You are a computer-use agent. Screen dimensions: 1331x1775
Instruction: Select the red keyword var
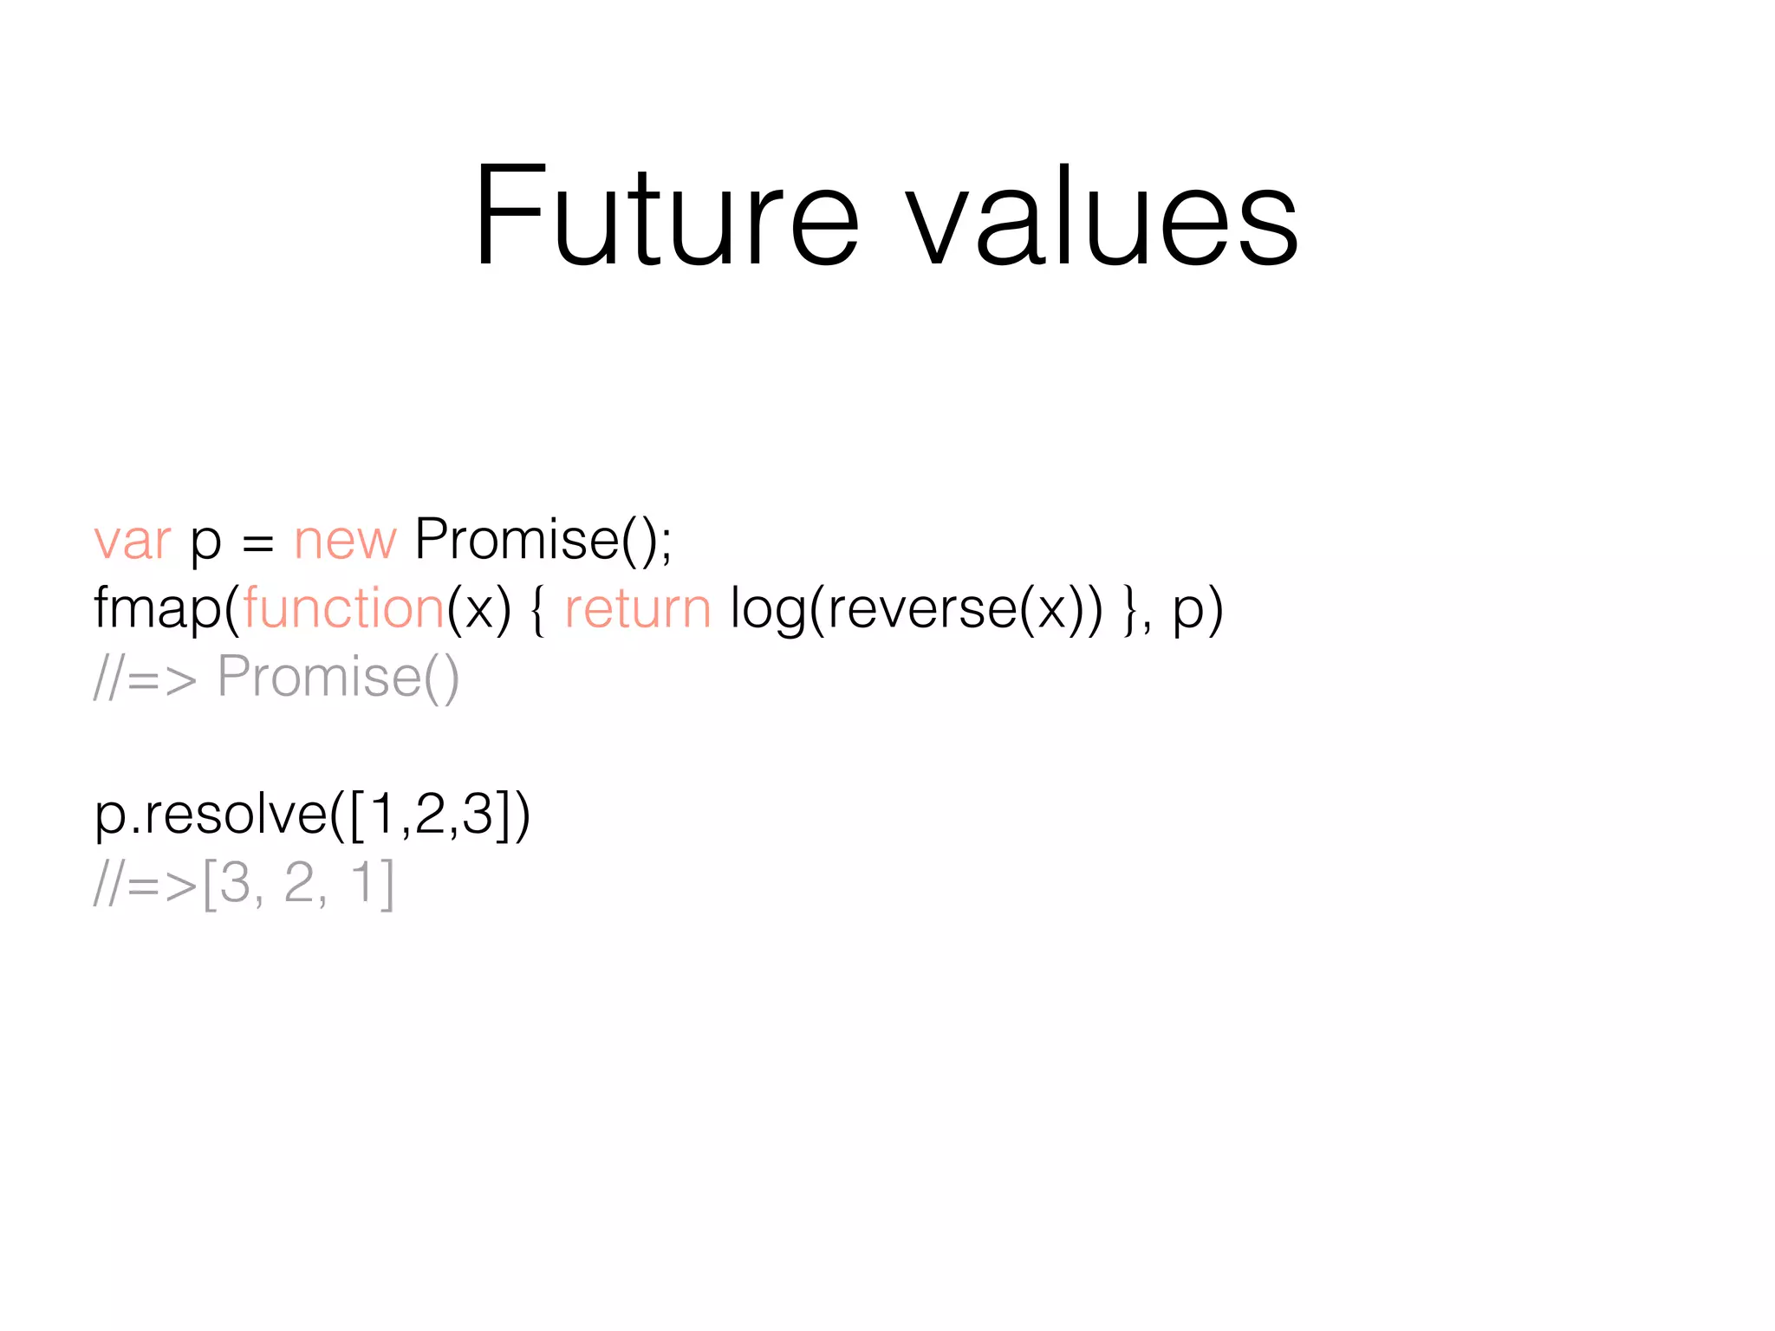tap(133, 542)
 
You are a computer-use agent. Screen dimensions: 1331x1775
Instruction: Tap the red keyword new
tap(345, 542)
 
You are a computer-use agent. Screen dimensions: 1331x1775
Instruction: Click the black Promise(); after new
tap(543, 542)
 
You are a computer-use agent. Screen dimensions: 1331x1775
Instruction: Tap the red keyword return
tap(637, 609)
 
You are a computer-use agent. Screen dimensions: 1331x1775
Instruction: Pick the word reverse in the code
tap(921, 609)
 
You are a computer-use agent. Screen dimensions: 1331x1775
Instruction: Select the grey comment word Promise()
tap(338, 677)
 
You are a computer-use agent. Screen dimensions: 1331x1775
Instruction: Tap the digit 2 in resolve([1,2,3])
tap(430, 815)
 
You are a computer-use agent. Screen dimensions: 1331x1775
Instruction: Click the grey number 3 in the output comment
tap(235, 883)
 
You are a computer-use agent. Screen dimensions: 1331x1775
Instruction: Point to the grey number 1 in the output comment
tap(364, 883)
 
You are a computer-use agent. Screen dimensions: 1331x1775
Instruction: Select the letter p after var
tap(205, 545)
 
